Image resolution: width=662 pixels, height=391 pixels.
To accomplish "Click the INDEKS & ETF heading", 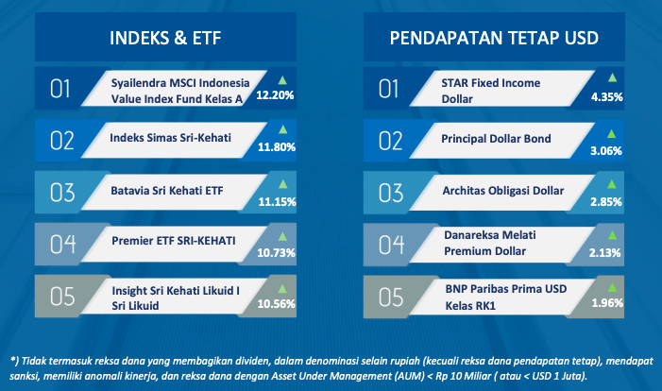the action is [x=165, y=38].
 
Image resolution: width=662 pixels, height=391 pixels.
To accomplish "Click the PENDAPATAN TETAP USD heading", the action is [x=494, y=38].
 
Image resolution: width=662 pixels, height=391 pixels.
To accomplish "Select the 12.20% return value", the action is [x=275, y=95].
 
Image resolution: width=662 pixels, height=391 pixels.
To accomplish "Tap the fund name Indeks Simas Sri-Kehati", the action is [x=170, y=138].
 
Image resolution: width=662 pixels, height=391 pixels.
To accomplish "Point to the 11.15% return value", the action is [x=277, y=202].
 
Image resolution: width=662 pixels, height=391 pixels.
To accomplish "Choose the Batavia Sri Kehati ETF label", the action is [x=167, y=191].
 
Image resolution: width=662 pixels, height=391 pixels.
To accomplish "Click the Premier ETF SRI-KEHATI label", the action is [x=174, y=241].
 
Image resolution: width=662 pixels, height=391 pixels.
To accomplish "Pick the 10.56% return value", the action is [x=276, y=303].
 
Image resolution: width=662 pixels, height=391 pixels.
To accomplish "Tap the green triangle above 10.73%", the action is [x=282, y=236].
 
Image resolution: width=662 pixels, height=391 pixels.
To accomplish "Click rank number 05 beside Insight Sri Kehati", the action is [x=62, y=297].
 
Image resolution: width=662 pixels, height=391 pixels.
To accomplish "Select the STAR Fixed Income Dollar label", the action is [x=490, y=91].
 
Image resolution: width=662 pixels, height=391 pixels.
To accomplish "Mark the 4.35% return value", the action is [x=606, y=97].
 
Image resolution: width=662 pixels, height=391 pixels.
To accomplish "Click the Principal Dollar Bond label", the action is [x=496, y=139].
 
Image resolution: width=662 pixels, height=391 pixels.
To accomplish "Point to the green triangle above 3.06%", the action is [x=611, y=134].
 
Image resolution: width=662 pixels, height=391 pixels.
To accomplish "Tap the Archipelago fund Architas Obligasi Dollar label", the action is [x=503, y=191].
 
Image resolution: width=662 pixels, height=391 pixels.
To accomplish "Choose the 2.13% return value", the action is [x=604, y=253].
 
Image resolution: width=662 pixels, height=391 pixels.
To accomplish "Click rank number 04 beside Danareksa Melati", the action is [x=391, y=245].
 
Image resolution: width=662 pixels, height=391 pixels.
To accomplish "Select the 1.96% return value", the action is [x=607, y=303].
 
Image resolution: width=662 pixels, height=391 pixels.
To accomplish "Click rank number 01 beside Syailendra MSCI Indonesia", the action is [x=59, y=89].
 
